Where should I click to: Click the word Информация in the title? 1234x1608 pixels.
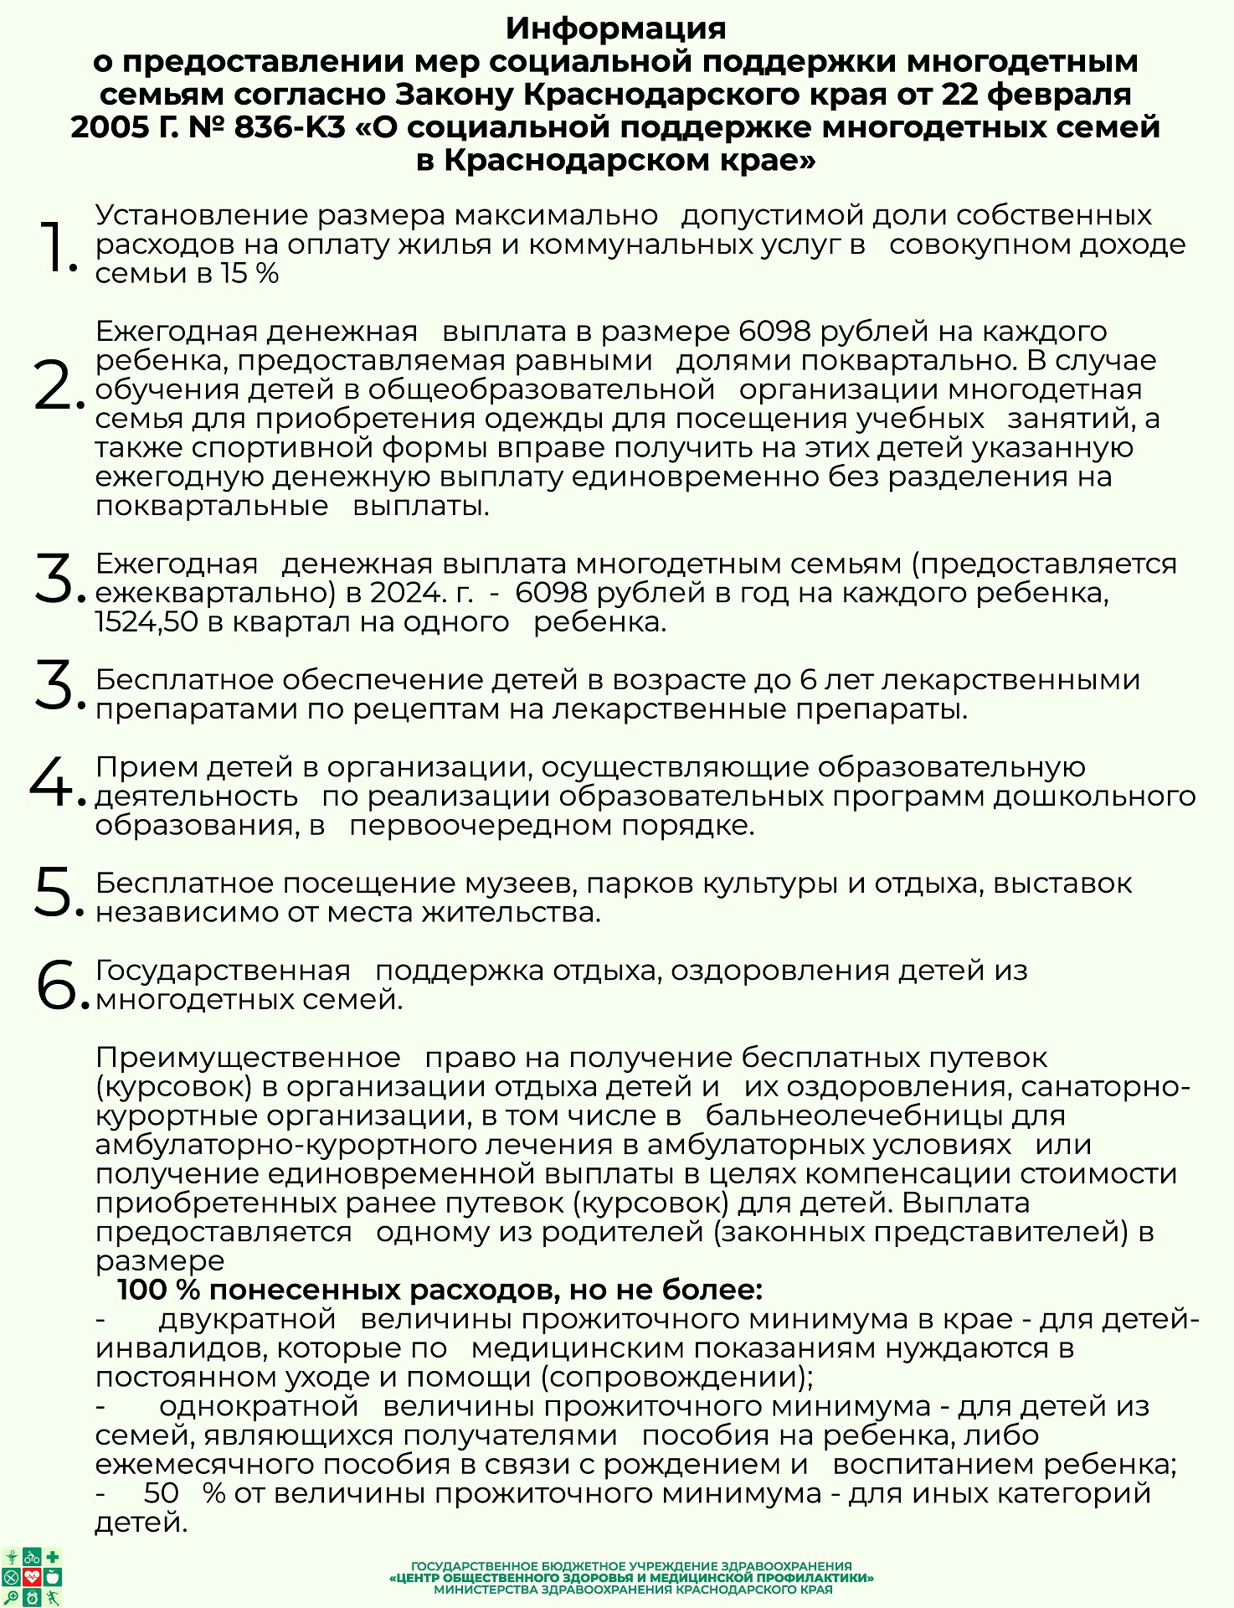[616, 28]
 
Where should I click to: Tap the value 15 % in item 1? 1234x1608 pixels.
[249, 274]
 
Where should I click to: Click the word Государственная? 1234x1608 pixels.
[223, 971]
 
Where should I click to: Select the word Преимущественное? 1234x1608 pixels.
[248, 1058]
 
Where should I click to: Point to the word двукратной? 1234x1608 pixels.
[247, 1319]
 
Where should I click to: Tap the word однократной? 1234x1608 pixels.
[259, 1406]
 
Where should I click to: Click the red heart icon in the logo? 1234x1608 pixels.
[33, 1577]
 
